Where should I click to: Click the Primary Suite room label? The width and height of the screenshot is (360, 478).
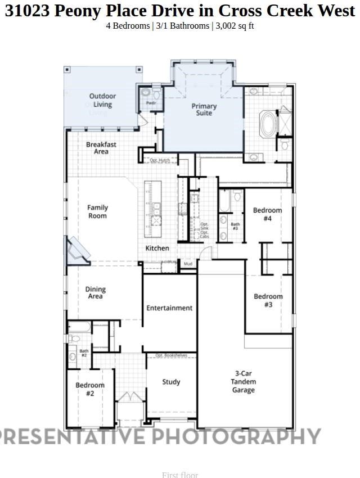tap(204, 110)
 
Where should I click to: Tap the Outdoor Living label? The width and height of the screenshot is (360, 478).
tap(102, 100)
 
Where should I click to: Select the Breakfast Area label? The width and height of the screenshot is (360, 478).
tap(101, 148)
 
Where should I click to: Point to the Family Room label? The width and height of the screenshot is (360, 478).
tap(97, 211)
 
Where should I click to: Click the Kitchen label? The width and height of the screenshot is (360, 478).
tap(157, 248)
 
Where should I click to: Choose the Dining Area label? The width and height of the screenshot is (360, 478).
tap(96, 293)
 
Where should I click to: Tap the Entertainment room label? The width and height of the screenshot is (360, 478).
tap(169, 308)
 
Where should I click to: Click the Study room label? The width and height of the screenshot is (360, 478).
tap(171, 382)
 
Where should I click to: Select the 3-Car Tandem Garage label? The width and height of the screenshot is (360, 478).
tap(244, 381)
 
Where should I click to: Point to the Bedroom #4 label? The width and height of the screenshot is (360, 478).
tap(267, 214)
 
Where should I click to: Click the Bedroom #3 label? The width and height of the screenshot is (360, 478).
tap(268, 300)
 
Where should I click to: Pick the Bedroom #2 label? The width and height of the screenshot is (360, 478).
tap(90, 389)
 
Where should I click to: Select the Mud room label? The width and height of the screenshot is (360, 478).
tap(188, 263)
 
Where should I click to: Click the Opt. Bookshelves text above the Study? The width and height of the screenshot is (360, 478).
tap(171, 355)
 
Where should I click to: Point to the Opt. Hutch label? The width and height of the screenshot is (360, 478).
tap(159, 160)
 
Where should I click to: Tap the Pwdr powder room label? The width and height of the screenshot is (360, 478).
tap(151, 103)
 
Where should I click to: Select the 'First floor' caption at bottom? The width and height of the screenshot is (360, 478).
tap(180, 475)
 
